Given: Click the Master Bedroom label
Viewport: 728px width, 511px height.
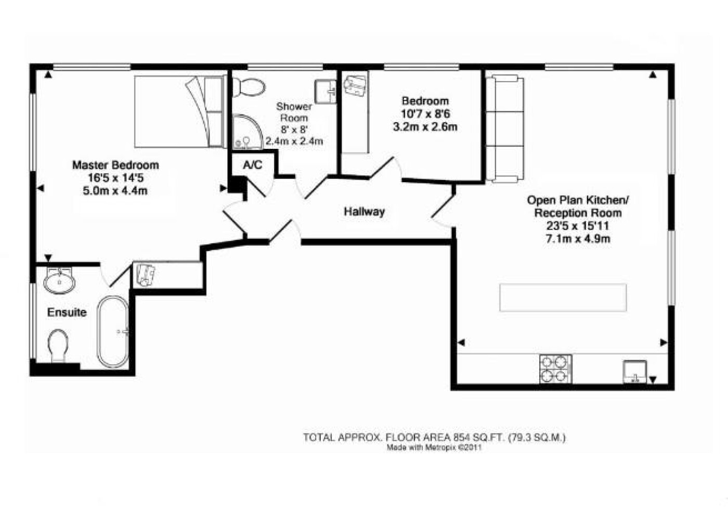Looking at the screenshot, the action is (115, 165).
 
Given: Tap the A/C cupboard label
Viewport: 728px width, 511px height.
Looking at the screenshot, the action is (253, 165).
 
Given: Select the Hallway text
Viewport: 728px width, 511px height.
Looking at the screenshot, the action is (365, 212).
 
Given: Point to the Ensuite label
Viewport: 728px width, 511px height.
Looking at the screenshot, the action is (67, 312).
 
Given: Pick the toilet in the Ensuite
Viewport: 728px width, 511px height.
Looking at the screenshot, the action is (58, 346).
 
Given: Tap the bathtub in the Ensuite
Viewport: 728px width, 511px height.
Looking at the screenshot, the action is (113, 332).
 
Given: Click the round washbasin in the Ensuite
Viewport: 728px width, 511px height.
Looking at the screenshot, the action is (59, 281).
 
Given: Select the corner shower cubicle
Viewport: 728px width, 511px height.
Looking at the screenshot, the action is (248, 132).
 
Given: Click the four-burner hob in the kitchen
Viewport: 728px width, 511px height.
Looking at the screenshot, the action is (556, 369).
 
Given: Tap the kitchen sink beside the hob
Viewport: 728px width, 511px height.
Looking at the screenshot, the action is (635, 372).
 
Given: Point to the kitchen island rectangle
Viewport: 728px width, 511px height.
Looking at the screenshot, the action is (563, 298).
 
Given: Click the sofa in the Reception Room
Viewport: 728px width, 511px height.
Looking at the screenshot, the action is (505, 129).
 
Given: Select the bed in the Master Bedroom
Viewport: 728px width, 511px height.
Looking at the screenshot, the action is (180, 111).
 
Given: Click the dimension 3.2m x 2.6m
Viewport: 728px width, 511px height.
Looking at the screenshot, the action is (425, 127).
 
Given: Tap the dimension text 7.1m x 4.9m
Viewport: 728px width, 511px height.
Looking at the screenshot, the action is (578, 239).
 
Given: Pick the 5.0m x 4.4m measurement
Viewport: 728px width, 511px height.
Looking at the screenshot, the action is (115, 190).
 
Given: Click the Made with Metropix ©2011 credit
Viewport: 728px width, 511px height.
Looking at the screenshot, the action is (434, 448).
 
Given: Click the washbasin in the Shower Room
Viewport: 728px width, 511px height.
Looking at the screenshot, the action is (326, 92).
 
